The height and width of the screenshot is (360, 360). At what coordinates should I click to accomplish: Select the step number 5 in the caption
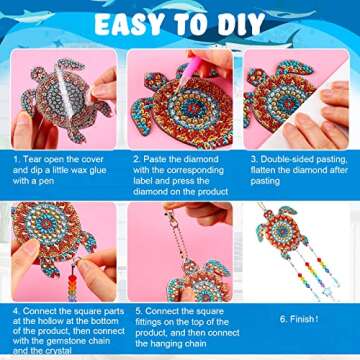136,311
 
